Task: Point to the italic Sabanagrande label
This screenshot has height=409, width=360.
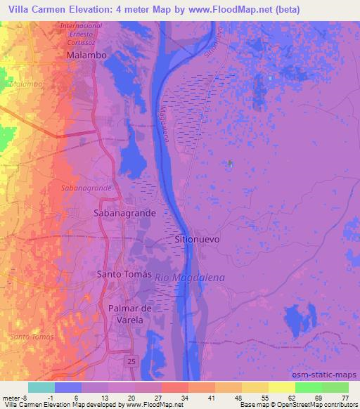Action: [x=86, y=188]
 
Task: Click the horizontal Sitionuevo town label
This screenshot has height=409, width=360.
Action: [x=197, y=239]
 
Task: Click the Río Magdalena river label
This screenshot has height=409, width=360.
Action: [x=190, y=278]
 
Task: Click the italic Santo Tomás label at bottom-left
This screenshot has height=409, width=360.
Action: [x=32, y=337]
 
